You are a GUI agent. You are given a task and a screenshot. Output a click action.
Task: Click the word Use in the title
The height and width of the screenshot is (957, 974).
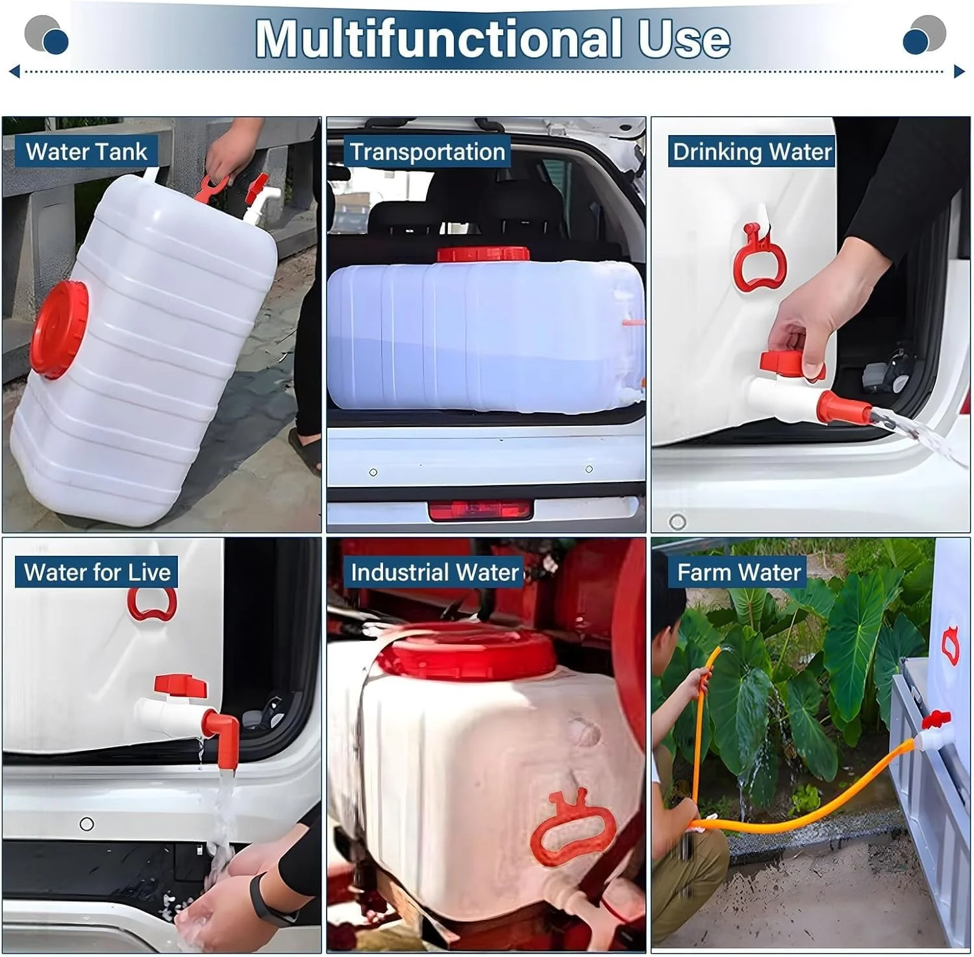click(684, 39)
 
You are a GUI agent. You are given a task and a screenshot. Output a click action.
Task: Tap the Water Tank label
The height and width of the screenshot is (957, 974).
click(86, 151)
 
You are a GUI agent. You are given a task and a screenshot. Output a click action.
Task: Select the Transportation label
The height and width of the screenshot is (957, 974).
click(427, 151)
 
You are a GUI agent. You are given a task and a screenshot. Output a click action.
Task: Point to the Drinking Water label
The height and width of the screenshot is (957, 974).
click(752, 151)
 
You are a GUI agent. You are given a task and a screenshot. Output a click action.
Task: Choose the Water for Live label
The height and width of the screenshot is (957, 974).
click(97, 572)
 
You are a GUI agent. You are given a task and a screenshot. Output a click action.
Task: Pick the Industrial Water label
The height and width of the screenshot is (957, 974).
click(434, 572)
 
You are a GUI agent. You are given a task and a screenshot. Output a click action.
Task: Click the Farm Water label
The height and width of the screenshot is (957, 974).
click(738, 572)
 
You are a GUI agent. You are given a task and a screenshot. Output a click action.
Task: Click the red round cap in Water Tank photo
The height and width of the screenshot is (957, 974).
click(59, 329)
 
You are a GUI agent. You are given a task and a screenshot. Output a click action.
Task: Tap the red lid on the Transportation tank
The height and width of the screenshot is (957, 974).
click(483, 254)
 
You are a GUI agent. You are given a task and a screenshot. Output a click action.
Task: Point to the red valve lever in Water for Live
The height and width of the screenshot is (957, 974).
click(181, 685)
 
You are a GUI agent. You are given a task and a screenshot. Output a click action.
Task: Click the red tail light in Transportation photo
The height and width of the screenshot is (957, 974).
click(481, 510)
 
